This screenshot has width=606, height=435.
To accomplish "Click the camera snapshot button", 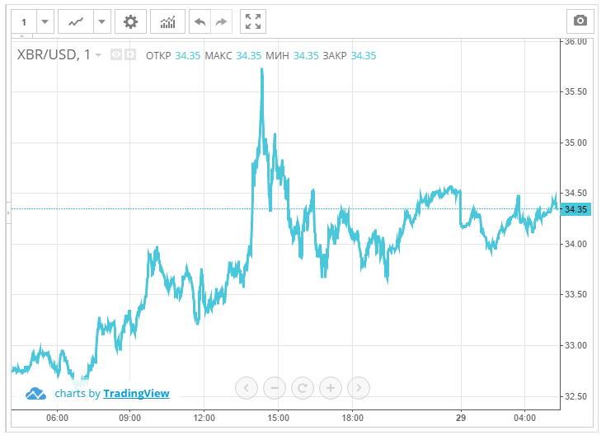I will [580, 21].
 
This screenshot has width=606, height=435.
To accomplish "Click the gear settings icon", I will [129, 21].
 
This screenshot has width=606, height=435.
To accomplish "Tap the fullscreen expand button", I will [253, 21].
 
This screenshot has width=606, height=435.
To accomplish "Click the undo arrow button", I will [200, 21].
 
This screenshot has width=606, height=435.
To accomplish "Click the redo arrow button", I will [221, 21].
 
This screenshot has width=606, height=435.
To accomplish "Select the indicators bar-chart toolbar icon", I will [167, 21].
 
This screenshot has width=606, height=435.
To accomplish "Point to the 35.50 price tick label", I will [575, 91].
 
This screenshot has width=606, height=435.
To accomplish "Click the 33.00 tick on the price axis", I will [575, 345].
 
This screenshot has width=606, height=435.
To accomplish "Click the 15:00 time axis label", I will [278, 418].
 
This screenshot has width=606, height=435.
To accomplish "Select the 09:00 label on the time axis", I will [130, 418].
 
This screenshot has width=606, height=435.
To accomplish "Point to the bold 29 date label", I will [463, 418].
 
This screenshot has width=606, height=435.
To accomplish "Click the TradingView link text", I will [136, 394].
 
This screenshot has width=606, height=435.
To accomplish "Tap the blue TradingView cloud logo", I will [36, 394].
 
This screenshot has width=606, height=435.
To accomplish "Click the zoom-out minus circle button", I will [275, 387].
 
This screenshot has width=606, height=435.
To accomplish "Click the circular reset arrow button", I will [303, 387].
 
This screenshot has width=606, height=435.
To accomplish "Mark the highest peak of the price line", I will [261, 69].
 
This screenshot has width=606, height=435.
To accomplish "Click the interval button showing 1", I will [24, 21].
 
